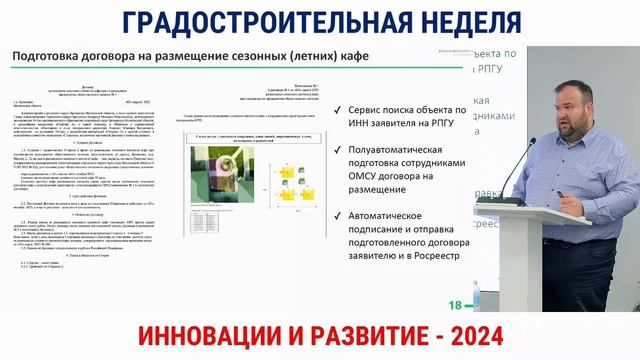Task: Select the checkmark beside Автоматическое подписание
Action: [x=339, y=214]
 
